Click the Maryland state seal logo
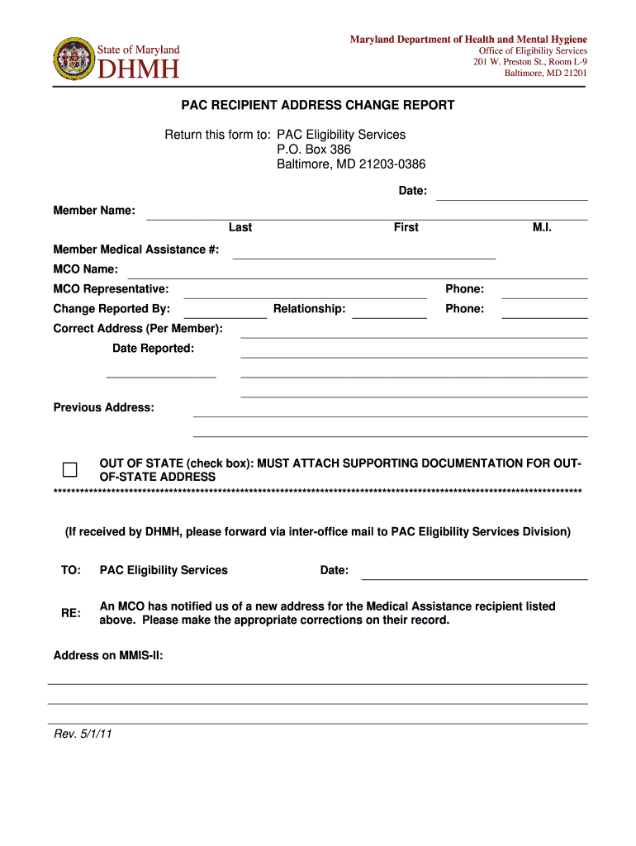[74, 59]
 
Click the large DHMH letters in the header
[139, 69]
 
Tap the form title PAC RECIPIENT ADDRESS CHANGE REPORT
[318, 106]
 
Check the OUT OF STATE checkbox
[70, 470]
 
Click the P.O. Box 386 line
[314, 150]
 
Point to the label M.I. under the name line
[542, 227]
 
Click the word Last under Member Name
[240, 227]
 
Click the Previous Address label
[103, 407]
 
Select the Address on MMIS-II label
[108, 656]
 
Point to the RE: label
[71, 613]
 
